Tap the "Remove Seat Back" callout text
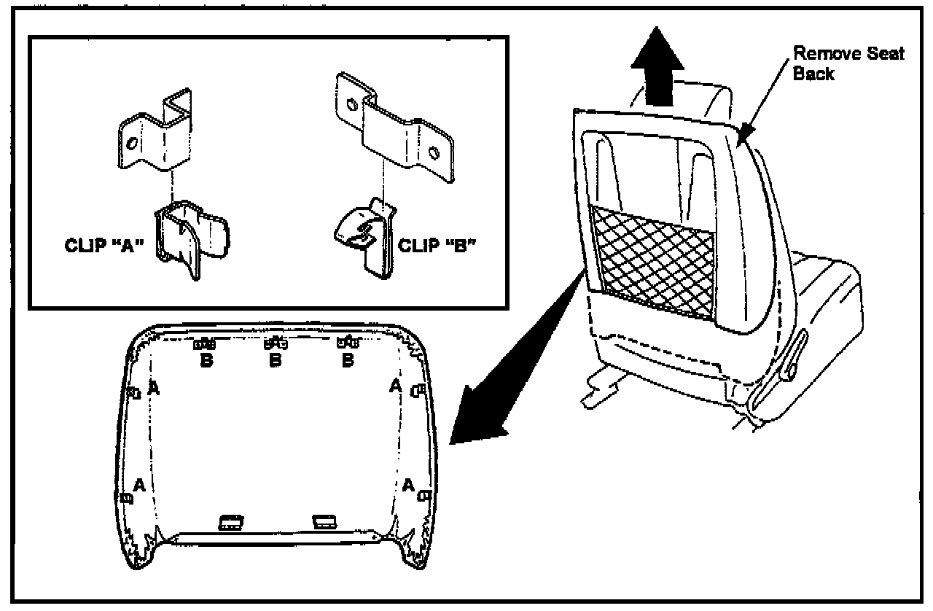(848, 63)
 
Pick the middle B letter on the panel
(275, 360)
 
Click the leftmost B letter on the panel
(206, 360)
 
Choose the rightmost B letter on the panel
(348, 360)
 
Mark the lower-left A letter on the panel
(139, 484)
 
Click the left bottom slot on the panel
(231, 521)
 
